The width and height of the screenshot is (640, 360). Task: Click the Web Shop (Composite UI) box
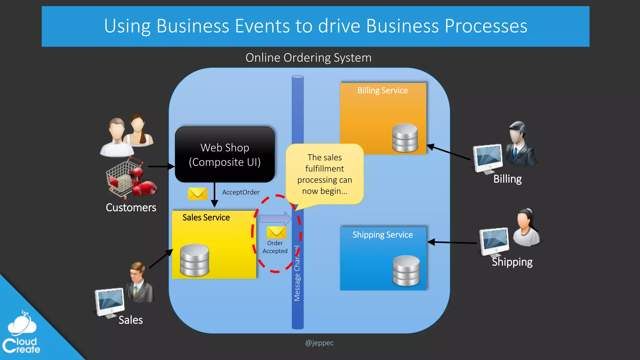coord(225,155)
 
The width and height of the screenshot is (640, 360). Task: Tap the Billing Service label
coord(382,91)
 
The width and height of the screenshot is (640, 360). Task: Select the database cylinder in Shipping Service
coord(406,271)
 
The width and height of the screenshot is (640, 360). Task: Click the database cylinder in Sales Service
coord(194,260)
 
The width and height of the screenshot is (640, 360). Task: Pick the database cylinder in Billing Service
coord(405,137)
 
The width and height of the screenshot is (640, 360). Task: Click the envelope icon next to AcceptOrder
coord(197,194)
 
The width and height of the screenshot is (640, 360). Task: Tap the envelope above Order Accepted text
coord(276,232)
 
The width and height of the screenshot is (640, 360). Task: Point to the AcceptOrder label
coord(241,192)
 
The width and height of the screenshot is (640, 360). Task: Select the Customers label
coord(131,207)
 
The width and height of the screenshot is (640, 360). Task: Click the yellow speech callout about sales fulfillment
coord(324,174)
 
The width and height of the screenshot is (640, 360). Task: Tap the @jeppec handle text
coord(319,343)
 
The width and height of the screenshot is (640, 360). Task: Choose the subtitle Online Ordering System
coord(308,58)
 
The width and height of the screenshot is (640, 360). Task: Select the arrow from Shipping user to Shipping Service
coord(452,242)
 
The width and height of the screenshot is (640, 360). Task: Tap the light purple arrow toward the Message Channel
coord(275,218)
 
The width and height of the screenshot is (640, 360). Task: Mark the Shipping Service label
coord(382,235)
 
